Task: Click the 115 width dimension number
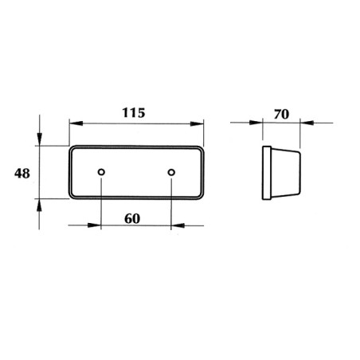[134, 113]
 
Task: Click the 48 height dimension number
[22, 174]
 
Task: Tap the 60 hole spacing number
[132, 219]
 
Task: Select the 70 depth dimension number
[281, 114]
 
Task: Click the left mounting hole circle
[101, 172]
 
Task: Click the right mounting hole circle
[171, 172]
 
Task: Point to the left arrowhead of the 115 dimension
[76, 123]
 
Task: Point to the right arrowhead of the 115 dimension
[197, 123]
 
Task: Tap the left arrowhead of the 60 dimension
[94, 225]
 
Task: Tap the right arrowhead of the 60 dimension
[178, 225]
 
